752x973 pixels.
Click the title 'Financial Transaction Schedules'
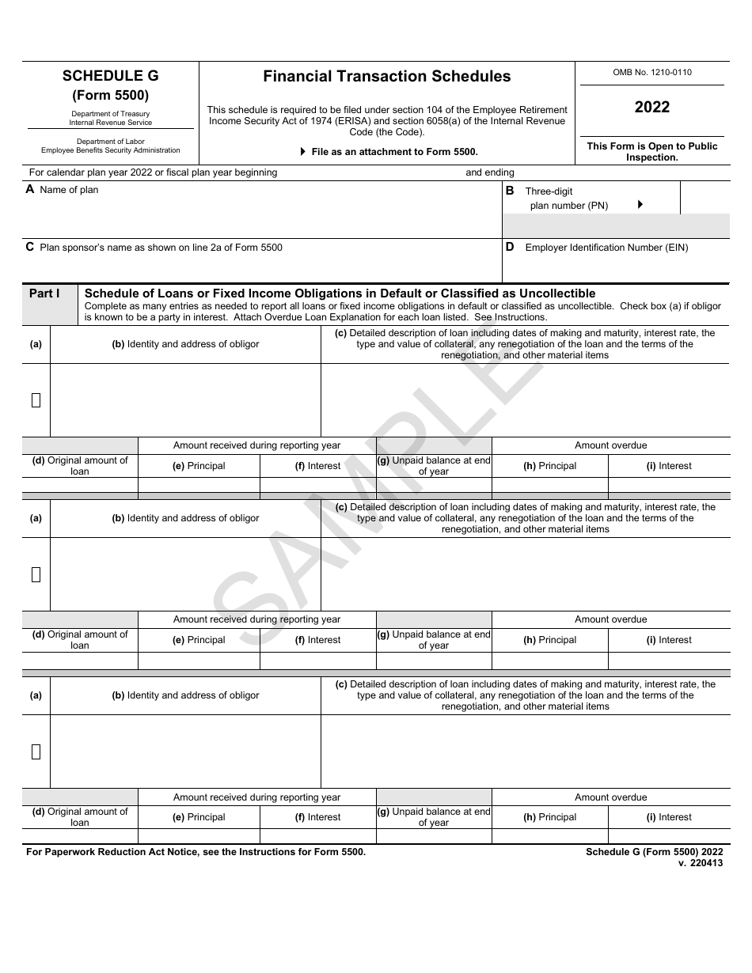coord(387,77)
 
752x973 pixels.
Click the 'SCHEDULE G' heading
coord(111,76)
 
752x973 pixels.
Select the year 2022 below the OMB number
coord(652,107)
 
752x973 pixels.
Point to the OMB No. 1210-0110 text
coord(652,72)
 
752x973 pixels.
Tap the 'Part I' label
coord(44,293)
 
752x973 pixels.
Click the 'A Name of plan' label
coord(63,190)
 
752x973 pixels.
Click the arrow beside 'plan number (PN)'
coord(640,204)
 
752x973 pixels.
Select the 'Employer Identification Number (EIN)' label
coord(606,248)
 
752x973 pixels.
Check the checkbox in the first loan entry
coord(36,400)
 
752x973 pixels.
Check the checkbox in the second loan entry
coord(36,575)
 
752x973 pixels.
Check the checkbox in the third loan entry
coord(36,752)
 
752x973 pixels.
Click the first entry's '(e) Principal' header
coord(199,466)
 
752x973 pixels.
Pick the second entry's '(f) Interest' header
coord(318,640)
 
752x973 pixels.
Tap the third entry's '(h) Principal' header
coord(550,817)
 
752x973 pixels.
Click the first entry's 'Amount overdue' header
coord(610,445)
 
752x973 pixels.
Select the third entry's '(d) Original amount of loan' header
coord(80,817)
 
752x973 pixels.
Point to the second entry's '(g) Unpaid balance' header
coord(434,640)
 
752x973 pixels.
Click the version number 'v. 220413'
coord(701,863)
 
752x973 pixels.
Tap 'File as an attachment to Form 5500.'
coord(394,151)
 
